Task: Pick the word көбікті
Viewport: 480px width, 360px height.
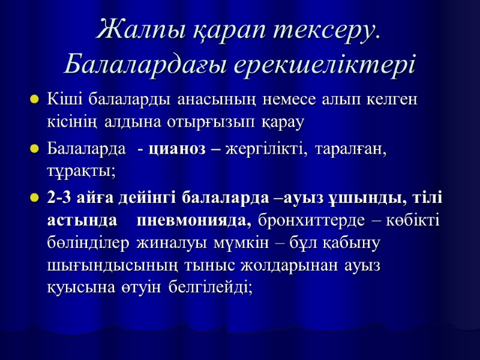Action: pos(413,220)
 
